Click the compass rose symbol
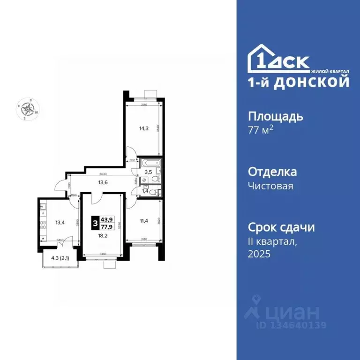pyautogui.click(x=30, y=109)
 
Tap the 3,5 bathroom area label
pyautogui.click(x=148, y=172)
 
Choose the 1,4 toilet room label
pyautogui.click(x=145, y=191)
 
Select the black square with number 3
pyautogui.click(x=95, y=224)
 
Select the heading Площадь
pyautogui.click(x=275, y=116)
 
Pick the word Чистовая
pyautogui.click(x=270, y=187)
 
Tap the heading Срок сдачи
pyautogui.click(x=281, y=228)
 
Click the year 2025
pyautogui.click(x=259, y=254)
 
